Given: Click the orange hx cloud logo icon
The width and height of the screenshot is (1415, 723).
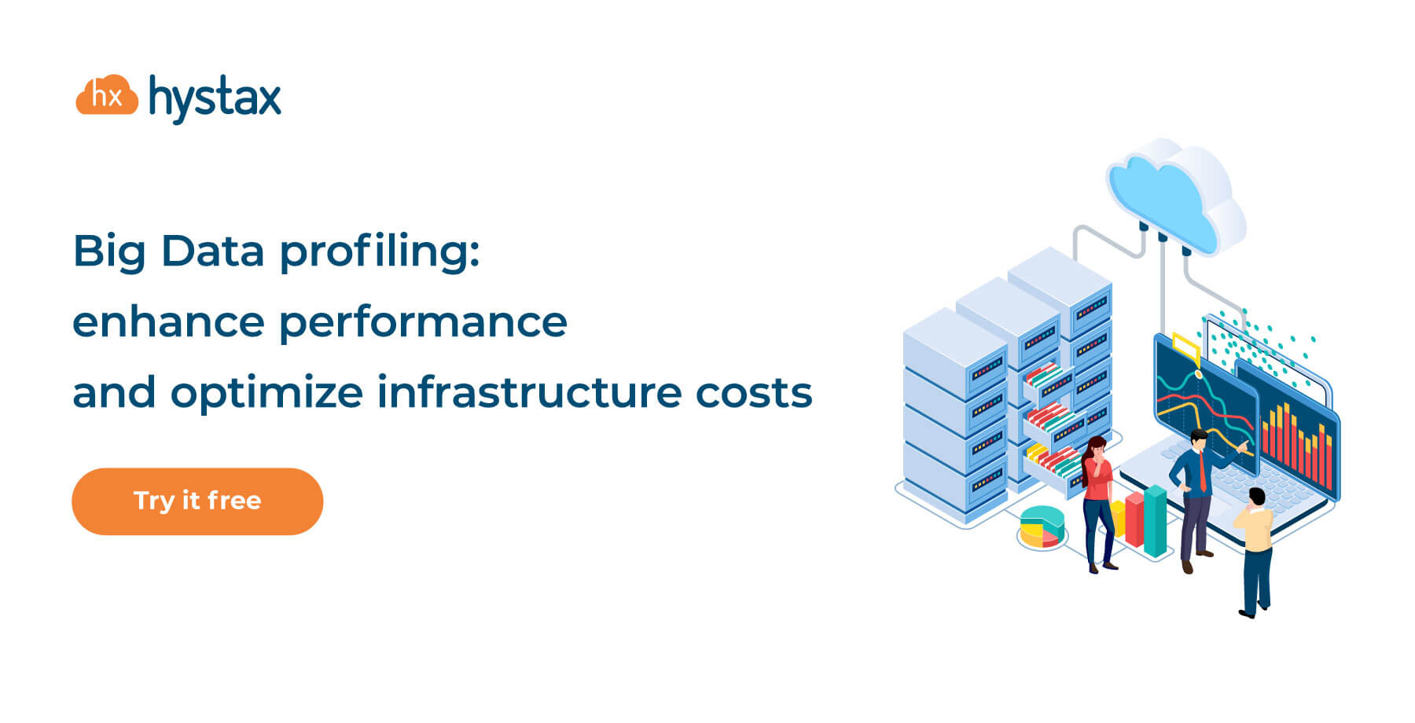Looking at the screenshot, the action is [x=107, y=96].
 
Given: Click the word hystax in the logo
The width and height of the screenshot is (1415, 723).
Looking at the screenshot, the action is [x=215, y=99].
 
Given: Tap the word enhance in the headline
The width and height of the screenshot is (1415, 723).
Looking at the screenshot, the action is [x=168, y=321].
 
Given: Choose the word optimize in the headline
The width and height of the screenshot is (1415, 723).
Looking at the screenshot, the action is [x=266, y=393].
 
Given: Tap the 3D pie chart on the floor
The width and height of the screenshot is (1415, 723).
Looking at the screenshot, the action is [x=1042, y=526].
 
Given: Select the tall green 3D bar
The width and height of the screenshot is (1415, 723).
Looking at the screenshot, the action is [x=1155, y=520].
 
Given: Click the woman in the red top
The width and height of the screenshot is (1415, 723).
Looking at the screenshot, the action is [x=1097, y=503].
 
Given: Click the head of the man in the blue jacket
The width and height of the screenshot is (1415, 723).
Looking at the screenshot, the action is [x=1198, y=440].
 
